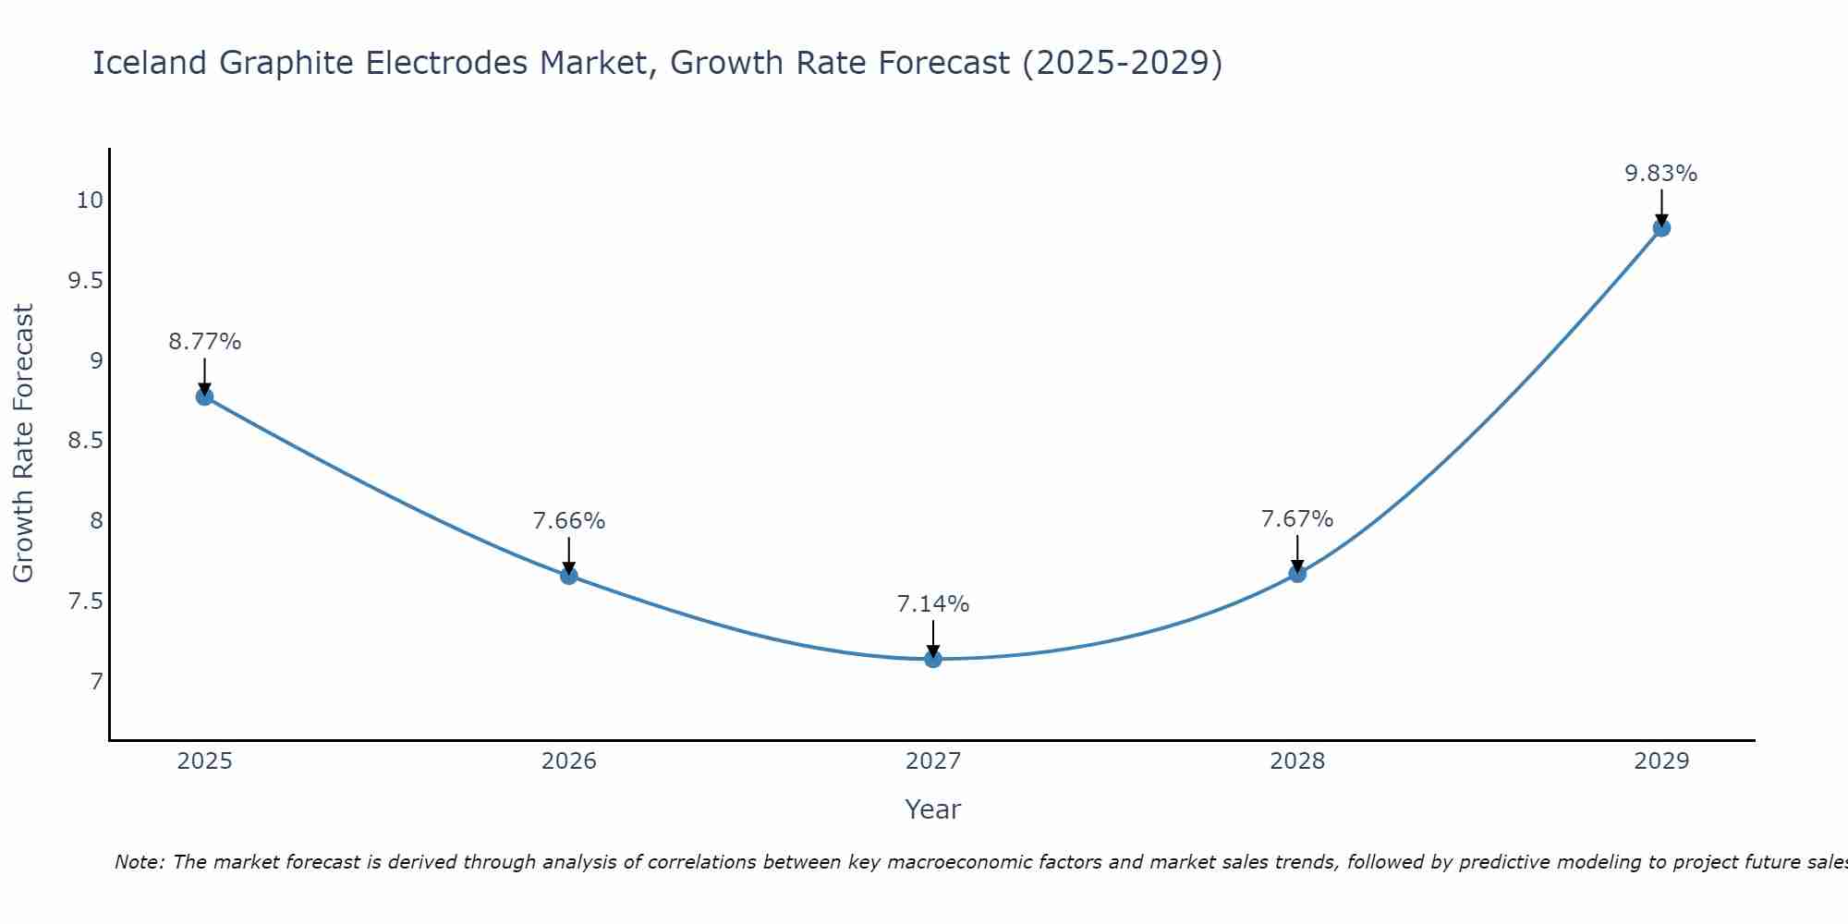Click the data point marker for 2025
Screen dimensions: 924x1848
click(x=205, y=396)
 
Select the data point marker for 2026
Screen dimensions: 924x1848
click(x=569, y=576)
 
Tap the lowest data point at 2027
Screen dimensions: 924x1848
click(x=933, y=659)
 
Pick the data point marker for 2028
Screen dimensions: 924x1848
click(x=1297, y=574)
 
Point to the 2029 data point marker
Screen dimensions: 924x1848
click(x=1661, y=227)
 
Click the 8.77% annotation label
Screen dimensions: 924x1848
click(x=205, y=342)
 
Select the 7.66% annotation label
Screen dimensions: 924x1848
click(x=569, y=521)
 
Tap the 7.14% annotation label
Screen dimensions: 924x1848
click(x=933, y=604)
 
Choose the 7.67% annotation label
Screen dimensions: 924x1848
click(x=1297, y=519)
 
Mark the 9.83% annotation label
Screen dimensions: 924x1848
click(x=1661, y=174)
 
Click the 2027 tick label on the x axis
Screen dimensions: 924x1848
click(x=933, y=761)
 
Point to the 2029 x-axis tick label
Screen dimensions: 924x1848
click(x=1661, y=761)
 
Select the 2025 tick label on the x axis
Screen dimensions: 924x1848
click(x=205, y=761)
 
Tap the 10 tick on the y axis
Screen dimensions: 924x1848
click(x=90, y=200)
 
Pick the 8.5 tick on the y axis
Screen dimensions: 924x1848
click(x=86, y=441)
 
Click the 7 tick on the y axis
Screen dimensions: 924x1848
click(x=97, y=682)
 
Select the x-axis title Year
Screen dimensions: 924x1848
click(x=933, y=809)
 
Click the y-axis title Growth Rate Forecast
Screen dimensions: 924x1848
click(x=23, y=444)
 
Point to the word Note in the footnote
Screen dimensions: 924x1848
click(x=139, y=862)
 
